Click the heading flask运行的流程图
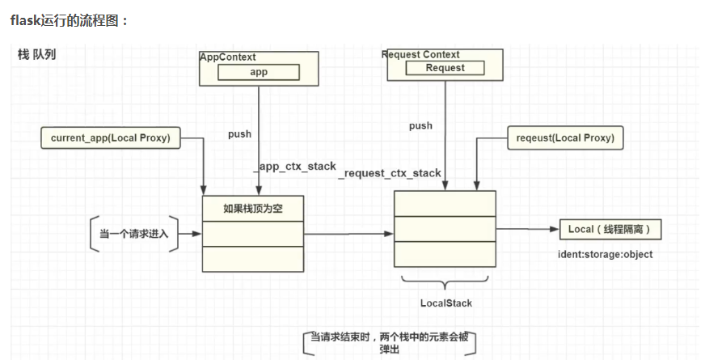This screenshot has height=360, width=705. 69,20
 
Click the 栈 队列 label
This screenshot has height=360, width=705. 36,54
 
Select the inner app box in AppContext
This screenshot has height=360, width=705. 259,72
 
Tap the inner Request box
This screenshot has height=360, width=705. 445,68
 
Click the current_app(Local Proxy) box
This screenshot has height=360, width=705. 111,138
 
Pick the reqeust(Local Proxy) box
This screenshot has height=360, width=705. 564,138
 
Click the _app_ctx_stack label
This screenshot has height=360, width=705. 295,166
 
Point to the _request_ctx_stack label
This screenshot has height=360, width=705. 390,173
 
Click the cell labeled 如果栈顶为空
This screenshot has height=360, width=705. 252,209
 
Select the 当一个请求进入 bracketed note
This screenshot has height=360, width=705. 133,235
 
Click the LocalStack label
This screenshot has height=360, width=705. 445,303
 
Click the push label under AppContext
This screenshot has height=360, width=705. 239,133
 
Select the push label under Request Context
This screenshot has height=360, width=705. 420,125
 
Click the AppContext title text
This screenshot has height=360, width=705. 228,57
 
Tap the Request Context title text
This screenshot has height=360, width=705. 420,54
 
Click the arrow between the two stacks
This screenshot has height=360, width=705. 348,235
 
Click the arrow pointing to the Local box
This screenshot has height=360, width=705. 526,230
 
